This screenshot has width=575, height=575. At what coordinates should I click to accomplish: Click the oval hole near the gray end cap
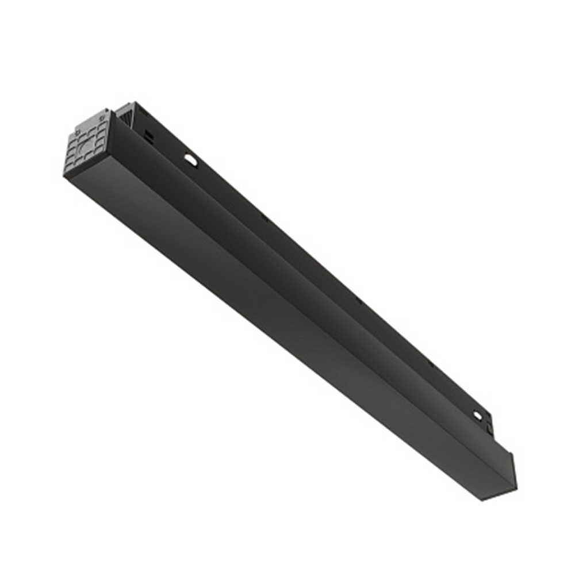click(x=191, y=160)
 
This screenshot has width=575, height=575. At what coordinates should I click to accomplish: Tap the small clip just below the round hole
click(x=484, y=428)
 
